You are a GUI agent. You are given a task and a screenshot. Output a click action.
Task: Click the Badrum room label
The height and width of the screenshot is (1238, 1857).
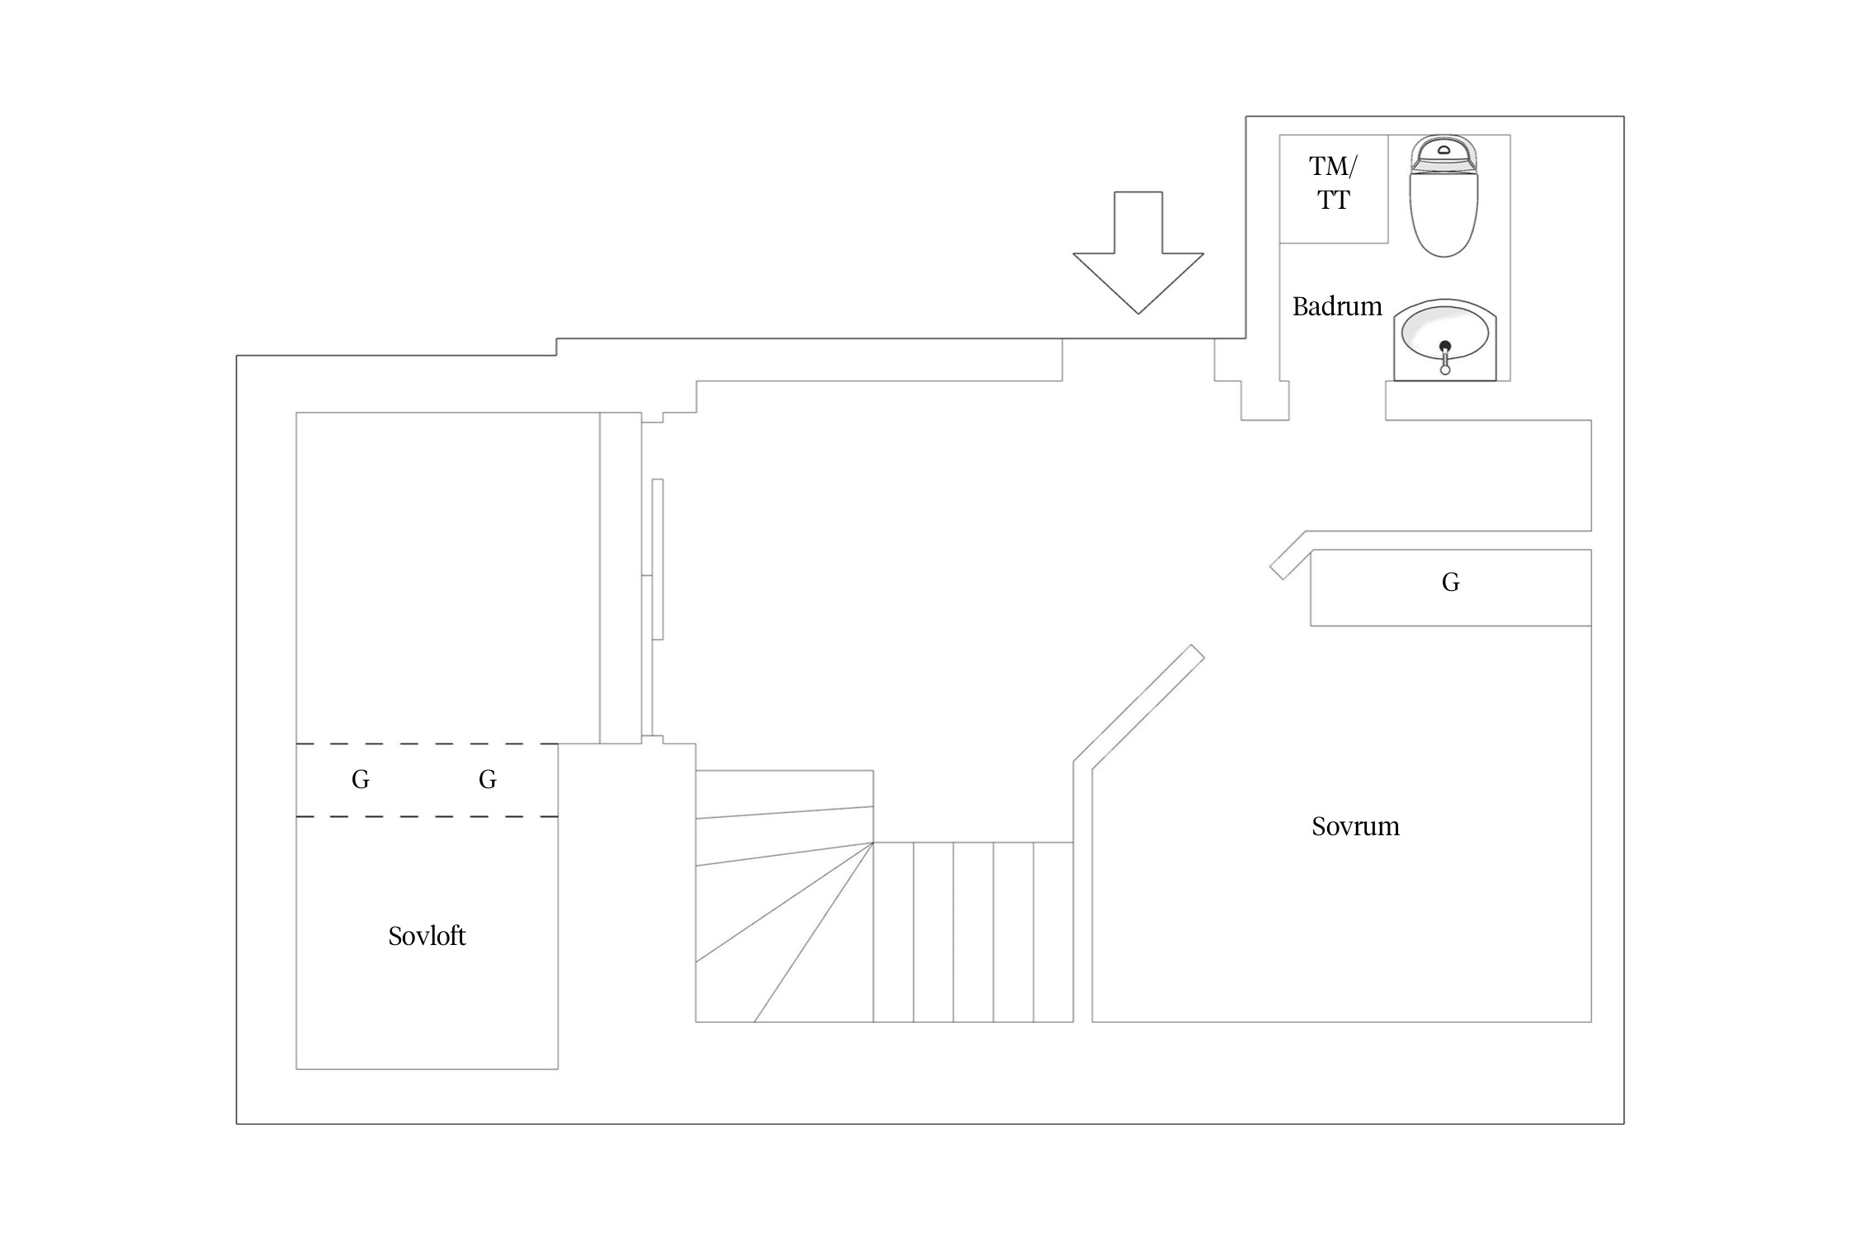pyautogui.click(x=1336, y=306)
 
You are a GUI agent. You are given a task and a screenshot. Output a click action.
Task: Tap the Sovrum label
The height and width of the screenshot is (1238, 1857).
pyautogui.click(x=1355, y=826)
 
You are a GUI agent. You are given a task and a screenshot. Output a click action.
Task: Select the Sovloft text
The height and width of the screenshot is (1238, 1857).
pyautogui.click(x=427, y=936)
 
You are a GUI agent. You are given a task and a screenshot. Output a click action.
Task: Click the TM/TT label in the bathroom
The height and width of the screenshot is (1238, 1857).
pyautogui.click(x=1333, y=182)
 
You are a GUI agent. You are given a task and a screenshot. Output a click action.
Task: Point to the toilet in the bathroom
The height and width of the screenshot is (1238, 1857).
pyautogui.click(x=1444, y=196)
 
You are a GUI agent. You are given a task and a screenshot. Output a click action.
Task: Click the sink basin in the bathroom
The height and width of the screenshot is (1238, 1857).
pyautogui.click(x=1444, y=339)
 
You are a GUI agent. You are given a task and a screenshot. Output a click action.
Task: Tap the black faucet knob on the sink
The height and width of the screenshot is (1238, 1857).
pyautogui.click(x=1445, y=346)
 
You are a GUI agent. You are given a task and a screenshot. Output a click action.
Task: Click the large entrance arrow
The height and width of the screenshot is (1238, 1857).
pyautogui.click(x=1138, y=253)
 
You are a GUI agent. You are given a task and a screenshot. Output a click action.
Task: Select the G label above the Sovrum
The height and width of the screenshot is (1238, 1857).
pyautogui.click(x=1450, y=583)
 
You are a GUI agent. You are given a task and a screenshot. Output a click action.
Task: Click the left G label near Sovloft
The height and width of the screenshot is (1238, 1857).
pyautogui.click(x=361, y=779)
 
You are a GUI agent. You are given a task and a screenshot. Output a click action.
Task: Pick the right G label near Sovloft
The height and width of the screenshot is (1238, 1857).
pyautogui.click(x=488, y=779)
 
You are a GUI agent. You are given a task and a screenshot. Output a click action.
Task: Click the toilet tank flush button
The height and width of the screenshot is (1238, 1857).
pyautogui.click(x=1444, y=150)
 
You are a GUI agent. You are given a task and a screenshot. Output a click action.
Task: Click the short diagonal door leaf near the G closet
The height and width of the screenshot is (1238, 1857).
pyautogui.click(x=1288, y=555)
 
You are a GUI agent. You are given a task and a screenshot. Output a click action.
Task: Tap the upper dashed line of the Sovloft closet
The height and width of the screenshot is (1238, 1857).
pyautogui.click(x=427, y=744)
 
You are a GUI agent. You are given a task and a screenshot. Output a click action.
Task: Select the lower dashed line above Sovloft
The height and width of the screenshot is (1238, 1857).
pyautogui.click(x=427, y=817)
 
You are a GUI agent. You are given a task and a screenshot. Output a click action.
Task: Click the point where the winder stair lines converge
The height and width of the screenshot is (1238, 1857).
pyautogui.click(x=873, y=843)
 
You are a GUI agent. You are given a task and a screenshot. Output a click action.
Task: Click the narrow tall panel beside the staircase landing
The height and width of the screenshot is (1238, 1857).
pyautogui.click(x=658, y=559)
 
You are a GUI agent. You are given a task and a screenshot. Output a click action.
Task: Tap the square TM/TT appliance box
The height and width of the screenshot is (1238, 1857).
pyautogui.click(x=1334, y=189)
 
